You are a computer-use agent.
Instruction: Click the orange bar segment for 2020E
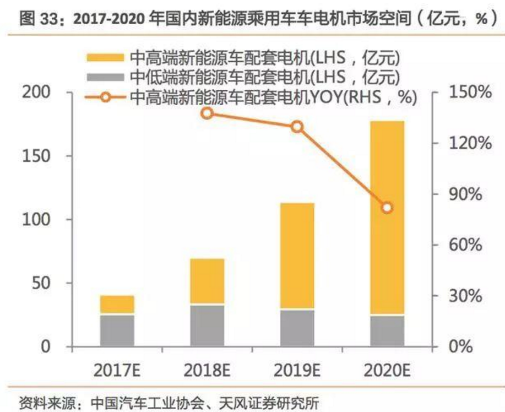[387, 218]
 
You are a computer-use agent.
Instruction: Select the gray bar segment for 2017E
[117, 330]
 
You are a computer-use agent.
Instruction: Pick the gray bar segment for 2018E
[207, 326]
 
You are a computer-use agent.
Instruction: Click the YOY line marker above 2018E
[207, 113]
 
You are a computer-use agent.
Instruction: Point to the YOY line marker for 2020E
[387, 208]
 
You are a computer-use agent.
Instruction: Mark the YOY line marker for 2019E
[297, 127]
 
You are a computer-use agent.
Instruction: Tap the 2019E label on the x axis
[297, 368]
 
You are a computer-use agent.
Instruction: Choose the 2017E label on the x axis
[117, 368]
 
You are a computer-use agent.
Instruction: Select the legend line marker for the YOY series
[106, 97]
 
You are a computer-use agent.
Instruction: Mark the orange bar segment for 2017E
[117, 305]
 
